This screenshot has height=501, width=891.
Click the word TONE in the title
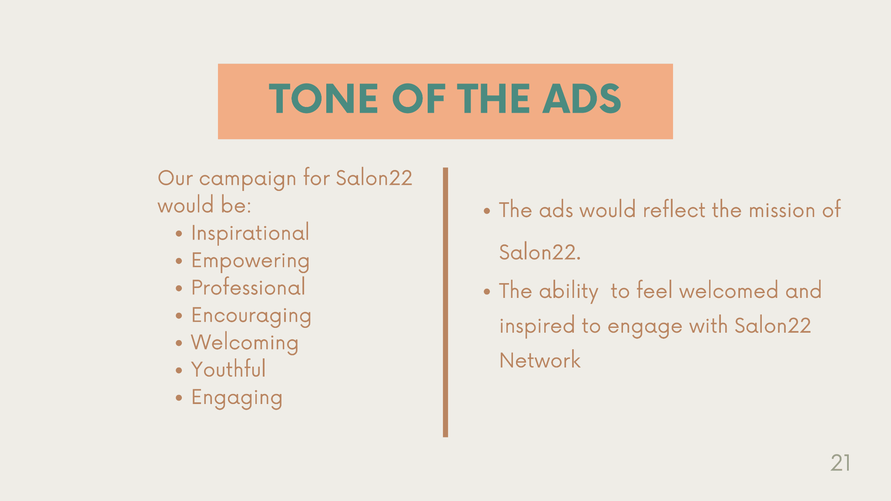tap(324, 99)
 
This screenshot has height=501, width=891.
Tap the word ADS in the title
tap(582, 99)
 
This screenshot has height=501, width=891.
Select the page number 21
tap(841, 463)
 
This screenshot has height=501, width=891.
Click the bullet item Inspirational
tap(250, 233)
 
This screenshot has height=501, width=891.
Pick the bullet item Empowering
tap(250, 261)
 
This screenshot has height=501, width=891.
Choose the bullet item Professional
tap(248, 288)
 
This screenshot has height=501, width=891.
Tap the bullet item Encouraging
tap(251, 316)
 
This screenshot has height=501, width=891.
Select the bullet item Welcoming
tap(245, 343)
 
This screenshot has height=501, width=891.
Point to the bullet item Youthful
tap(228, 370)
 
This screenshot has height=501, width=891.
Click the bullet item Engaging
tap(237, 398)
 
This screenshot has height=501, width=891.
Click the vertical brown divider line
tap(445, 302)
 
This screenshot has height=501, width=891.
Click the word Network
tap(540, 360)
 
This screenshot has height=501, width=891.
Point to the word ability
tap(569, 291)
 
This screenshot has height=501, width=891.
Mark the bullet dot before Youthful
tap(179, 371)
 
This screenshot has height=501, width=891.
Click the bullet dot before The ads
tap(487, 211)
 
